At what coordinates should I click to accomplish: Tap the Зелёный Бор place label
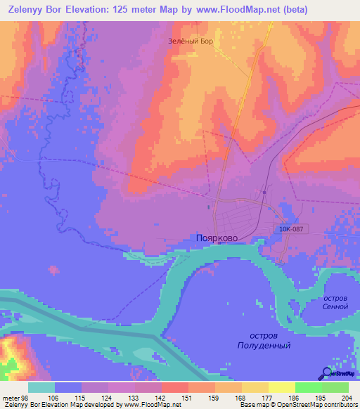pos(190,41)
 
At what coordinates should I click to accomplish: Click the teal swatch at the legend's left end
pos(41,387)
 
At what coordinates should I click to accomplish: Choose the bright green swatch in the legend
pos(308,387)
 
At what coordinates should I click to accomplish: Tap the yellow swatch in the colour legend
pos(281,387)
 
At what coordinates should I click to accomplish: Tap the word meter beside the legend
pos(11,398)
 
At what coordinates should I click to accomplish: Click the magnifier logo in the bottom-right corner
pos(327,373)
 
